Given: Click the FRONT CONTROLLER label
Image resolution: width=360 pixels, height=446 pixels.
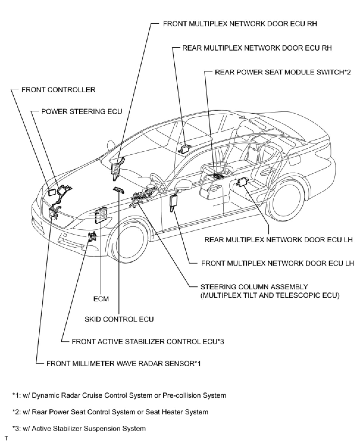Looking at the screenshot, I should pyautogui.click(x=58, y=90).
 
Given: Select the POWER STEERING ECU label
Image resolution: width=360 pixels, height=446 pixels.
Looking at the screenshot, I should pyautogui.click(x=82, y=112).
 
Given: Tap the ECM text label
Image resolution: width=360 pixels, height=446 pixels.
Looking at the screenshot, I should pyautogui.click(x=101, y=299).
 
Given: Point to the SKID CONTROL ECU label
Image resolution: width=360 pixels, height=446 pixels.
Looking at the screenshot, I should pyautogui.click(x=119, y=319).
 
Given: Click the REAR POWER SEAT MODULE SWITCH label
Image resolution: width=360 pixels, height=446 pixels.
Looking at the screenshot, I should pyautogui.click(x=283, y=72).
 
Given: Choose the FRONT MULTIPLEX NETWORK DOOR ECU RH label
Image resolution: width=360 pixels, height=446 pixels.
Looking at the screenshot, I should pyautogui.click(x=240, y=24).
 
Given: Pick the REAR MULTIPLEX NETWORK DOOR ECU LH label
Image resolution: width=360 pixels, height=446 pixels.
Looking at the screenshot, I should pyautogui.click(x=278, y=240).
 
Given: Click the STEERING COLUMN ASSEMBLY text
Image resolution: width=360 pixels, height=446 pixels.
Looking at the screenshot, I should pyautogui.click(x=254, y=287).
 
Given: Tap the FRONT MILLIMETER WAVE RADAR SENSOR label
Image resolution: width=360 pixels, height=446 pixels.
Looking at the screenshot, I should pyautogui.click(x=123, y=364).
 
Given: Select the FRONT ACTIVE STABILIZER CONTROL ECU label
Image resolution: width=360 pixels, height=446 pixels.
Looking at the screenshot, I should pyautogui.click(x=148, y=341).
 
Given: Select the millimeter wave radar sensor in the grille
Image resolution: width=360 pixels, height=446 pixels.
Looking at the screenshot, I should pyautogui.click(x=54, y=213).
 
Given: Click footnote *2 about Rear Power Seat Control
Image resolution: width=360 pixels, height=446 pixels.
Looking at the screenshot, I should pyautogui.click(x=110, y=412).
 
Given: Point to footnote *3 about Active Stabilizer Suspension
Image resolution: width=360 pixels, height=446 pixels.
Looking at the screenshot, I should pyautogui.click(x=79, y=429).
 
